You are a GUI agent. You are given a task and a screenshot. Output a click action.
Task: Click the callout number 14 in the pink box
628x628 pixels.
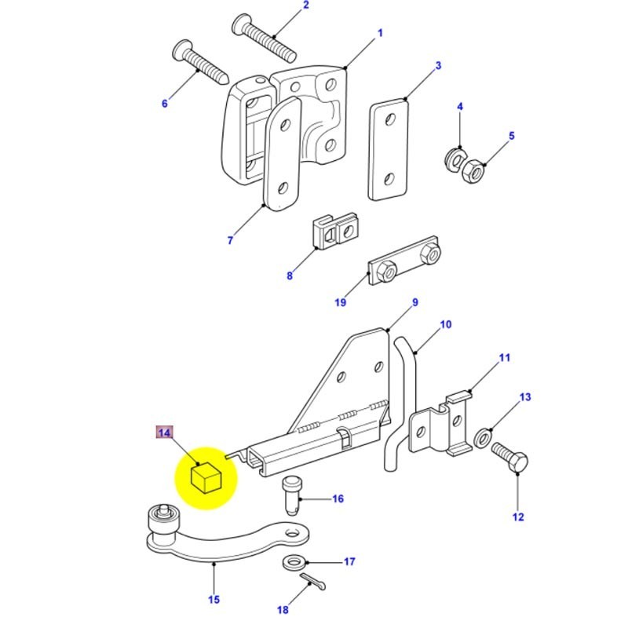tap(164, 433)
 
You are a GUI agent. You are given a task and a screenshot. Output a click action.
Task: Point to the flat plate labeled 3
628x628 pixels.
tap(389, 150)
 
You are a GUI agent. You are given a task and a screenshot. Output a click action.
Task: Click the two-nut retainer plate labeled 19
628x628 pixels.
tap(406, 263)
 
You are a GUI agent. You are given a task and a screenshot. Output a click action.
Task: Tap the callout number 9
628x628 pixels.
tap(415, 303)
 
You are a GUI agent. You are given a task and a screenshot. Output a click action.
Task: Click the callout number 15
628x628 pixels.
tap(214, 601)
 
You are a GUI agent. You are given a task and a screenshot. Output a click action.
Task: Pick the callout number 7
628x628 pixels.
tap(230, 241)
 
